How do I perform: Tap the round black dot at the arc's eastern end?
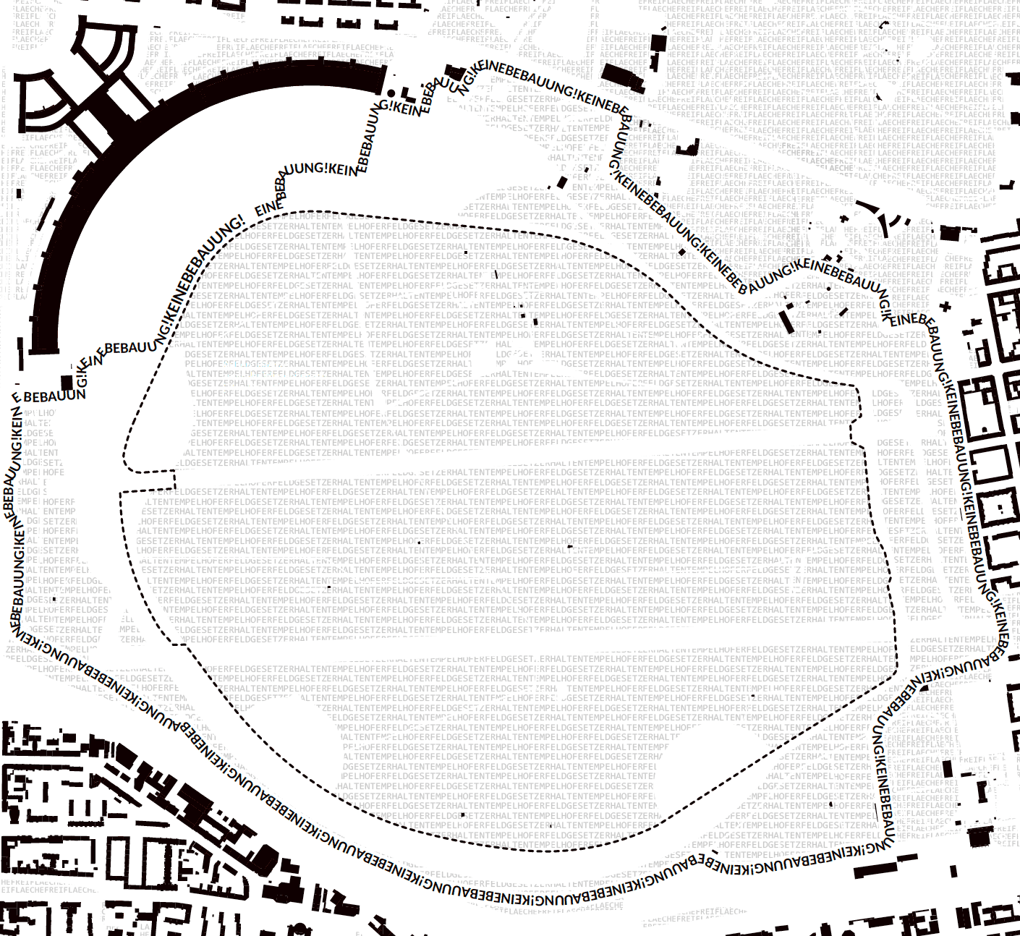391,93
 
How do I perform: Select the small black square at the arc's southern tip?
67,383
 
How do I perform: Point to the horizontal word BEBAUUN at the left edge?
55,397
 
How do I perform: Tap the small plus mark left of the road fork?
843,218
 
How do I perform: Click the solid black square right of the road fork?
950,234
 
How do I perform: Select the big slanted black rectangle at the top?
622,77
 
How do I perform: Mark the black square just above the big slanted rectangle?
658,42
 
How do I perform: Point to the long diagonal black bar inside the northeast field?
784,319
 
